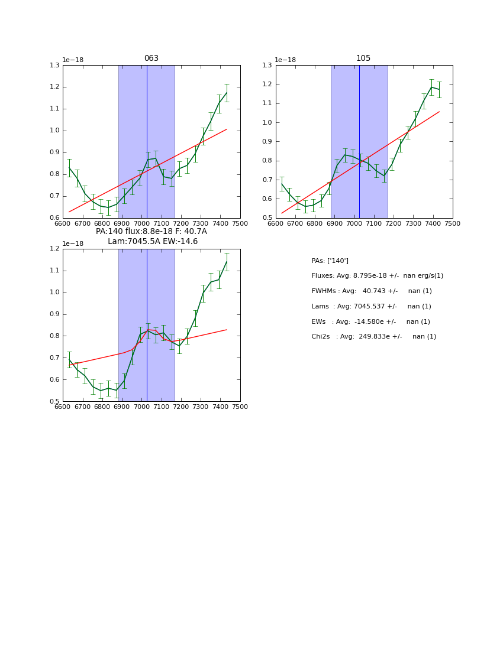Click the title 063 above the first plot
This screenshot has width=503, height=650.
151,58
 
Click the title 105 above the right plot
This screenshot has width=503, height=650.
363,58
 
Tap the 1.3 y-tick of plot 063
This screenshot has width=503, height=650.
54,65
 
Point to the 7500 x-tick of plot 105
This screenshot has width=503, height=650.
453,223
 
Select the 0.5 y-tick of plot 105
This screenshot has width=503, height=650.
267,218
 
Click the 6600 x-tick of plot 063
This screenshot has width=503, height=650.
63,223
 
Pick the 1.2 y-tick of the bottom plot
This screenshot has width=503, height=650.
54,249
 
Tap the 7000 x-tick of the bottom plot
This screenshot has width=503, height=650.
141,407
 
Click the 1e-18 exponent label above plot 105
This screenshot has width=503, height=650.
285,60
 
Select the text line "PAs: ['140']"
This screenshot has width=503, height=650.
330,261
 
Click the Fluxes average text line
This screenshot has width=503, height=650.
377,276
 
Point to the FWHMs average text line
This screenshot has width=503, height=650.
372,291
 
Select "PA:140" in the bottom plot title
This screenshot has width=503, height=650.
108,232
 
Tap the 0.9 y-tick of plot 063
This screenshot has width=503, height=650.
54,152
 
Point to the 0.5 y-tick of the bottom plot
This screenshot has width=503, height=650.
54,402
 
